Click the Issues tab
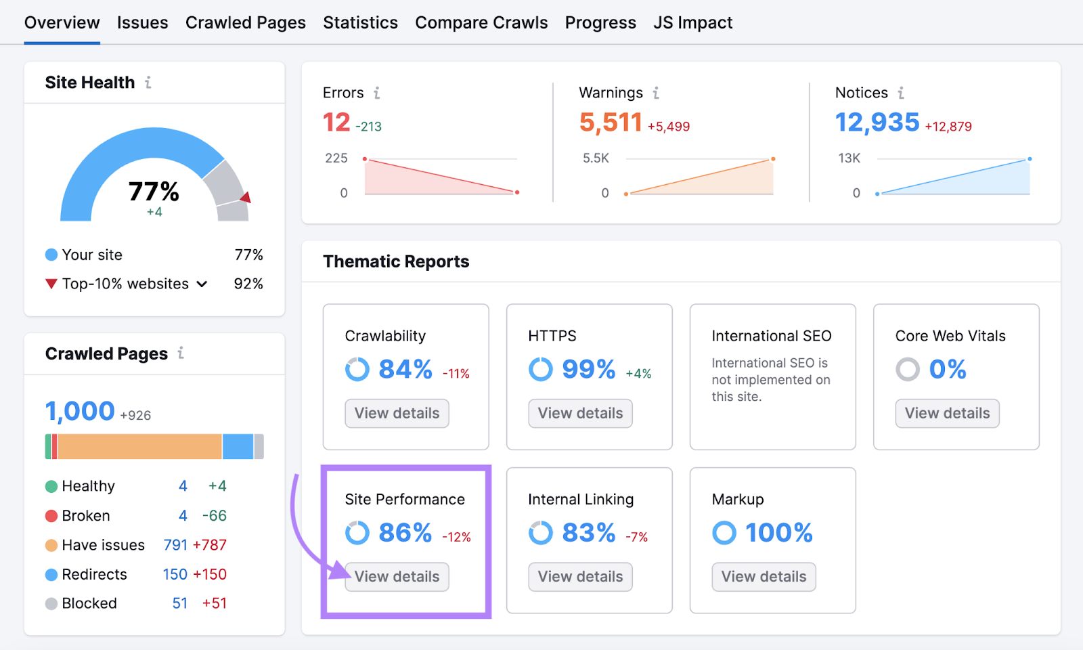pos(142,23)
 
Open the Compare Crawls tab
pos(481,23)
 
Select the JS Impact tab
pos(692,23)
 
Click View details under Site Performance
pos(397,577)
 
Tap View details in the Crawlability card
pos(397,414)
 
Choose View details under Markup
pos(764,577)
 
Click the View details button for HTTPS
pos(580,414)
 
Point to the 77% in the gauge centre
pos(154,192)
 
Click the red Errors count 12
pos(336,123)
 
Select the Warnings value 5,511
pos(611,123)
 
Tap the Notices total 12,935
pos(877,123)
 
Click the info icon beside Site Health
pos(148,83)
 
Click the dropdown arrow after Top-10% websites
pos(202,284)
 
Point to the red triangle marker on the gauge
pos(246,198)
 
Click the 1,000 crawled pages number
pos(80,411)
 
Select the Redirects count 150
pos(175,574)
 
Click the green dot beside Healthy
pos(51,486)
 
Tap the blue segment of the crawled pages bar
pos(238,447)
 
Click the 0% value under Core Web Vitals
pos(947,369)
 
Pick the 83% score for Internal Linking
pos(588,533)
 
